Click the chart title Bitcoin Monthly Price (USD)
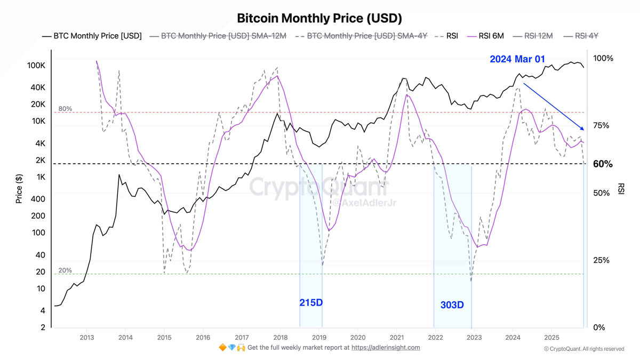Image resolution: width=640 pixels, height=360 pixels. (x=319, y=18)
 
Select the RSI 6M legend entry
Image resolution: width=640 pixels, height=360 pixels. (x=485, y=36)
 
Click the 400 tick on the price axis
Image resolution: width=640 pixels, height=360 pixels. (x=38, y=199)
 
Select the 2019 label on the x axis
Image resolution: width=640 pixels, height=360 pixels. (x=319, y=337)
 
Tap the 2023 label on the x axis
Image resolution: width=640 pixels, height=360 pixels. (x=474, y=337)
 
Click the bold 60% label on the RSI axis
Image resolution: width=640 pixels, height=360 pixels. (x=603, y=164)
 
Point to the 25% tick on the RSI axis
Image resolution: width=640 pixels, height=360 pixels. (x=601, y=260)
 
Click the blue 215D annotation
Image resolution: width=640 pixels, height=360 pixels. (x=311, y=303)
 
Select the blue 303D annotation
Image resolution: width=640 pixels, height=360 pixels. (x=452, y=305)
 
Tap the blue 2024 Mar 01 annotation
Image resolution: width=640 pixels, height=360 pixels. (x=517, y=59)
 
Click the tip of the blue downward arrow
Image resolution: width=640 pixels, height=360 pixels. (x=585, y=130)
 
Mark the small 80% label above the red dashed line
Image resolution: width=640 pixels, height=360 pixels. (x=65, y=109)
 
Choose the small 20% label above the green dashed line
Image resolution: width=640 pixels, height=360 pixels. (x=65, y=270)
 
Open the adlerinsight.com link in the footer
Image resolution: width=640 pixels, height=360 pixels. (x=391, y=347)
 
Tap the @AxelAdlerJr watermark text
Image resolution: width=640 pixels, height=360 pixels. (x=361, y=203)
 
